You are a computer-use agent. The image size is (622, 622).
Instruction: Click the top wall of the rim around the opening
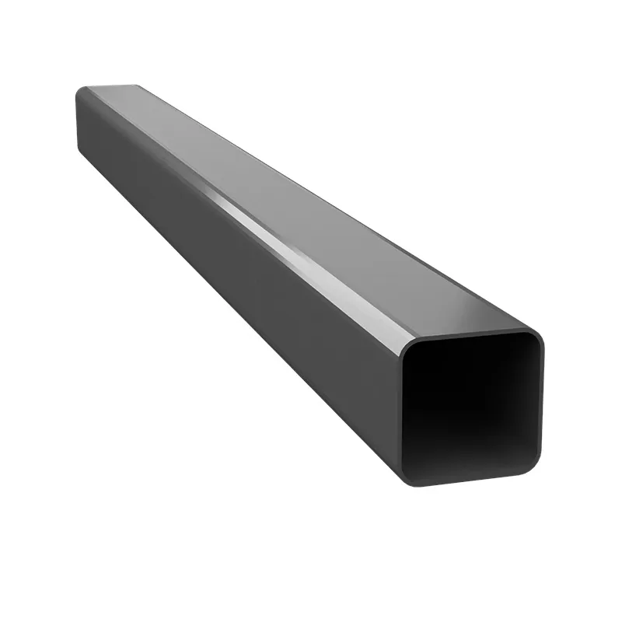[474, 335]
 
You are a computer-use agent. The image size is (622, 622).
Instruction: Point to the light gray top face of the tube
[311, 210]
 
